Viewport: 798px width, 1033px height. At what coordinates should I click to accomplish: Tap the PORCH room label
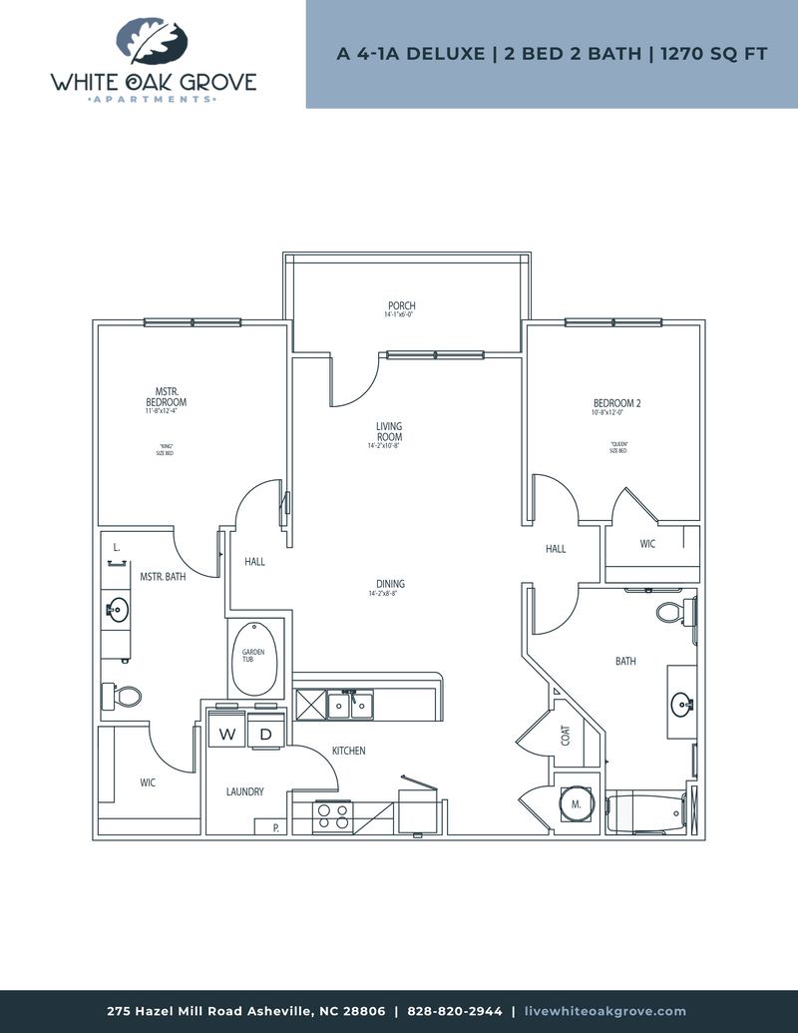(x=402, y=306)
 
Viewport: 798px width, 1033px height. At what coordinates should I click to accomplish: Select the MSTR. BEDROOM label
(x=166, y=397)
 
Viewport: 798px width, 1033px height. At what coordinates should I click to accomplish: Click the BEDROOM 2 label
(x=616, y=404)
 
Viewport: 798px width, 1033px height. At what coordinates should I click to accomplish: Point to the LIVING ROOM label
(x=389, y=432)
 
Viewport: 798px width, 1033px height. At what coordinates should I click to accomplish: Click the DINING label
(x=389, y=584)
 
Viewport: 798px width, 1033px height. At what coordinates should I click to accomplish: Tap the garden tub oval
(x=256, y=659)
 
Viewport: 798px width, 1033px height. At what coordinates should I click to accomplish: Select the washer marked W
(x=227, y=735)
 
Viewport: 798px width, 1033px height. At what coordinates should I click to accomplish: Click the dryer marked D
(x=266, y=735)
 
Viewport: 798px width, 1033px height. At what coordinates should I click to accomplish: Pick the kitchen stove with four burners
(x=330, y=817)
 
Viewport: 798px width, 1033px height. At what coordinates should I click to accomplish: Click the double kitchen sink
(x=350, y=705)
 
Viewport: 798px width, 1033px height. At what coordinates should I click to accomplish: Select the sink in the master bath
(x=116, y=608)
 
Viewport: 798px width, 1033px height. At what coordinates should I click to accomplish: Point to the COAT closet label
(x=566, y=737)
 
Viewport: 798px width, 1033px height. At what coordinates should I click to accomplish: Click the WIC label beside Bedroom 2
(x=647, y=544)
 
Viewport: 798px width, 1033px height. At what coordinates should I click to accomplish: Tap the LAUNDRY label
(x=244, y=791)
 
